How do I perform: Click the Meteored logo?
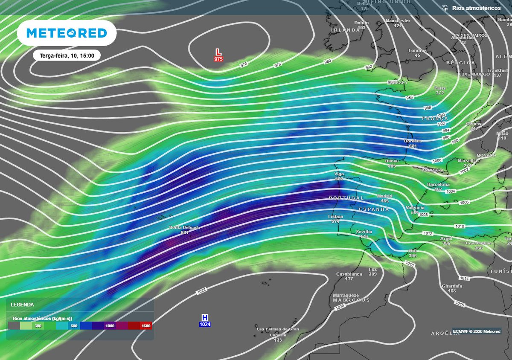click(x=67, y=33)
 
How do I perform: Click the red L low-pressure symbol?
click(x=218, y=52)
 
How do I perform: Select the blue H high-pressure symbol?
click(x=205, y=317)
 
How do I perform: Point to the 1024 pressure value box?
click(x=205, y=325)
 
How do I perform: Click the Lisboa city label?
click(x=335, y=217)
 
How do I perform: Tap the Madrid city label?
click(x=384, y=196)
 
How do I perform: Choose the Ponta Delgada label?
click(x=184, y=228)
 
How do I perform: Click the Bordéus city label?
click(x=413, y=141)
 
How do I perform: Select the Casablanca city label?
click(x=349, y=274)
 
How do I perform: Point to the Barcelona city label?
click(x=438, y=185)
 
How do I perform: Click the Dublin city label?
click(x=361, y=23)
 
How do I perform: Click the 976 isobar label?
click(x=244, y=65)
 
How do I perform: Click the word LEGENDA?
click(x=22, y=305)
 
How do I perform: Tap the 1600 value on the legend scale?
click(x=146, y=326)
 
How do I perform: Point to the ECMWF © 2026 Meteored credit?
click(x=477, y=331)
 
